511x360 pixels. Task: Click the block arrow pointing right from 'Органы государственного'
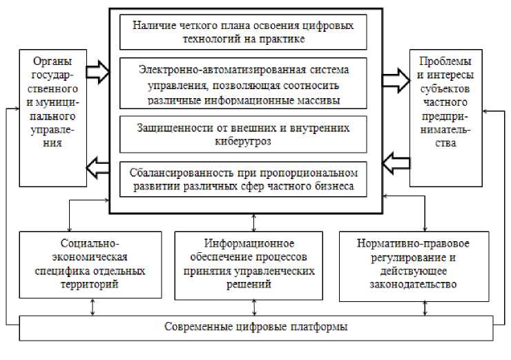(x=97, y=70)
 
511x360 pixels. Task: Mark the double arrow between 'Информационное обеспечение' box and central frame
(x=255, y=222)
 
